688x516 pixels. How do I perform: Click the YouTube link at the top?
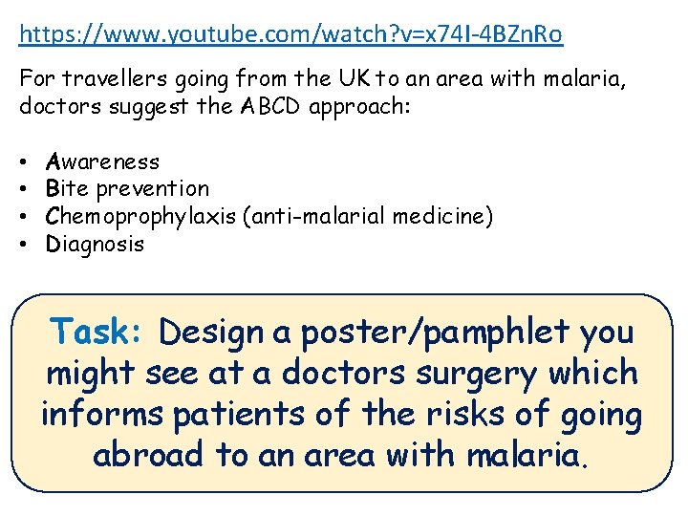[290, 35]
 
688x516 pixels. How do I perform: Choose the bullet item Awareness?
[103, 161]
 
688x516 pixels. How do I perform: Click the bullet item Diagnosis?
[96, 244]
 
